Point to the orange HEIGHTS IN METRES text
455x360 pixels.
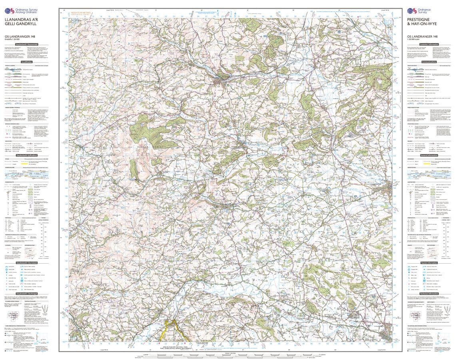80,13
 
